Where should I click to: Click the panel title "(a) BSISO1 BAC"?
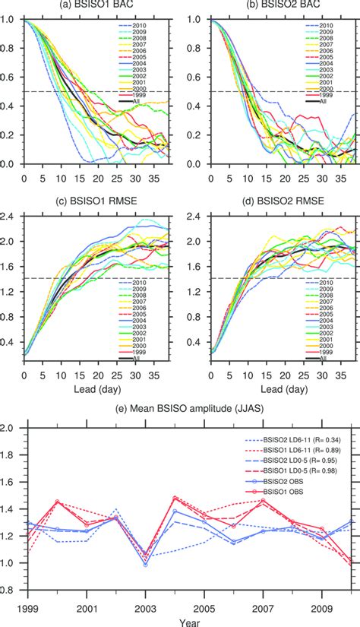(93, 6)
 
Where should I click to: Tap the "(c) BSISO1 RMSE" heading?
(93, 200)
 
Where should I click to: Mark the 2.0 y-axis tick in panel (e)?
(12, 429)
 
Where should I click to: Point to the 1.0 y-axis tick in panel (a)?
(12, 21)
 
